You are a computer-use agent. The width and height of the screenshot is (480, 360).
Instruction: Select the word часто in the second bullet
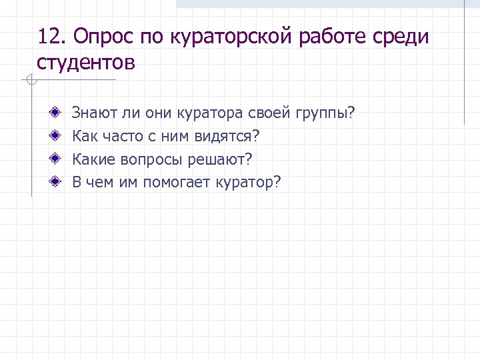123,137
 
